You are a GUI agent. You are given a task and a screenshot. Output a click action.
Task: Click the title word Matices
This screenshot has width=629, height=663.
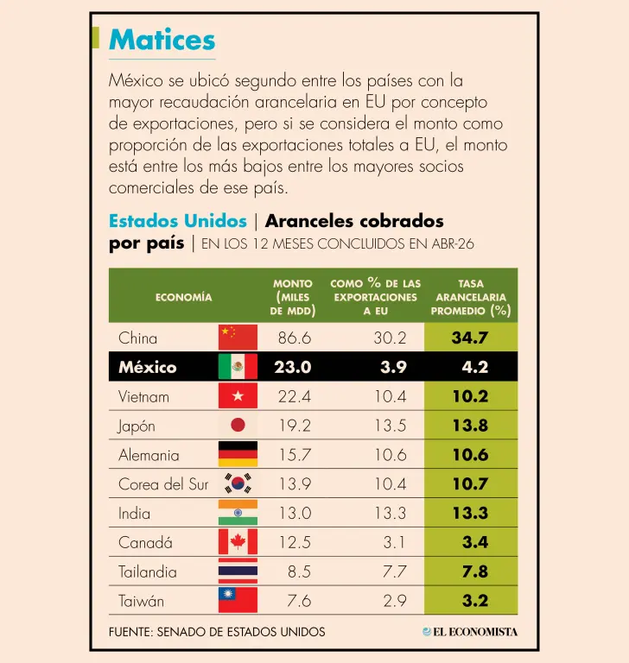click(162, 40)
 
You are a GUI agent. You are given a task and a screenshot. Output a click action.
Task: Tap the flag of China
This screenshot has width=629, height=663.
click(238, 338)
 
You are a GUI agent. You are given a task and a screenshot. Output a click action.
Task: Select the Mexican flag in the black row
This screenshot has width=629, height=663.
click(238, 367)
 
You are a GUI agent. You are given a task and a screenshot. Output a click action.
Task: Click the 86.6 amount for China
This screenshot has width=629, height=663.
click(295, 338)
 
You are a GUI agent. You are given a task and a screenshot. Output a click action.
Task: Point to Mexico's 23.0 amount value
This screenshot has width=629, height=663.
click(293, 367)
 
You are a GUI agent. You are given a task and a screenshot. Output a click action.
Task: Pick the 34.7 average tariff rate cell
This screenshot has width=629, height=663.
click(470, 338)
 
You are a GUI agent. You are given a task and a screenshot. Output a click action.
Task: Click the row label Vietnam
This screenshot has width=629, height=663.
click(143, 396)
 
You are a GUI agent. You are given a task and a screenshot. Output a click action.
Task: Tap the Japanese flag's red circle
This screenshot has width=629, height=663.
click(238, 425)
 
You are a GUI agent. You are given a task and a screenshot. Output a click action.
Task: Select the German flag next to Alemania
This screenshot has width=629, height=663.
click(238, 454)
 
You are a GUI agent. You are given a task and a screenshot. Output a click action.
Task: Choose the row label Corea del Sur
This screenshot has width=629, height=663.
click(163, 484)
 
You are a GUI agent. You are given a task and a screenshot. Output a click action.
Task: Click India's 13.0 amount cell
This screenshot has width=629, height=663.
click(295, 514)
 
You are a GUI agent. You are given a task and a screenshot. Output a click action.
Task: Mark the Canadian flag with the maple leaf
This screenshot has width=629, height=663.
click(238, 541)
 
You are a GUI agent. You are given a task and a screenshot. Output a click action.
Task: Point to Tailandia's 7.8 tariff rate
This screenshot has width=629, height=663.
click(475, 571)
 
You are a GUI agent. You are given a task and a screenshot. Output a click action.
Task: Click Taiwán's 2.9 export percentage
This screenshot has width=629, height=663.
click(395, 601)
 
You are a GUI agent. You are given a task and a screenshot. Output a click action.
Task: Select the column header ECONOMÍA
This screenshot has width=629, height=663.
click(184, 297)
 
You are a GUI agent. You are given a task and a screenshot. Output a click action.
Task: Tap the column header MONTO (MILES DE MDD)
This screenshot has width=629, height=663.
click(293, 297)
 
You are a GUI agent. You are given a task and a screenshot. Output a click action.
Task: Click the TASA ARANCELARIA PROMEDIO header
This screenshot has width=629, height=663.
click(471, 297)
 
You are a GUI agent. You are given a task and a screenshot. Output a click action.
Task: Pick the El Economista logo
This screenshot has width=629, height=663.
click(470, 632)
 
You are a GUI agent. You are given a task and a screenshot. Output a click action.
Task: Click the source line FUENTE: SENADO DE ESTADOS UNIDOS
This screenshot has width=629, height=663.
click(217, 632)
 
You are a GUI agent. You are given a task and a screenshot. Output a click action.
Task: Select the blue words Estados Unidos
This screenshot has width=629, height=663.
click(178, 221)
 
